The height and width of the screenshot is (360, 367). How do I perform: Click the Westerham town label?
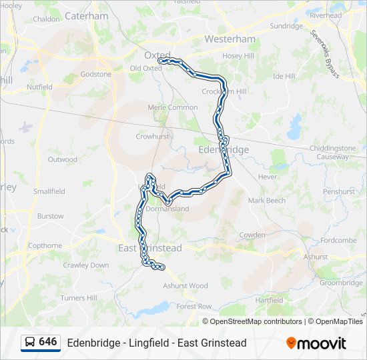[230, 39]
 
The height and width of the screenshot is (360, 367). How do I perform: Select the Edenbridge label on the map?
[224, 150]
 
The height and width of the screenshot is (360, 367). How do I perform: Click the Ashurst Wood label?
[186, 286]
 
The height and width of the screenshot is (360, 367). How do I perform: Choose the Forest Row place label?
[194, 307]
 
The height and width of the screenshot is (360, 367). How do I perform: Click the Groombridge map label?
[341, 283]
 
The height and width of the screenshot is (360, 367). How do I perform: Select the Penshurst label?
[339, 191]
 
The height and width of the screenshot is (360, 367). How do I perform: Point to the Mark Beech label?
[266, 201]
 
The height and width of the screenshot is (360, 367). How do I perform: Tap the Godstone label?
[96, 74]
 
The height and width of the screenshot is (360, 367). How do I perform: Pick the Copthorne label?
[45, 245]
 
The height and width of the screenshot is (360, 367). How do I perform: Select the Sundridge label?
[286, 26]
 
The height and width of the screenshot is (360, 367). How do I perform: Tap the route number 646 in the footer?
[48, 343]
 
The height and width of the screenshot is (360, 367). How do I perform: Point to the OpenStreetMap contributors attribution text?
[256, 321]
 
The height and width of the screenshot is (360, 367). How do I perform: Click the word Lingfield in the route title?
[147, 343]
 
